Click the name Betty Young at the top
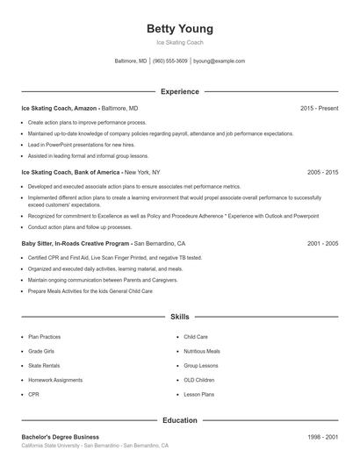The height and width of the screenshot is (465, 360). [x=179, y=29]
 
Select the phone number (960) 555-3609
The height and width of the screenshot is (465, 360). [x=169, y=61]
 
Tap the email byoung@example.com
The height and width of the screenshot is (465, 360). [x=219, y=61]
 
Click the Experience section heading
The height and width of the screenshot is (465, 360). [x=179, y=91]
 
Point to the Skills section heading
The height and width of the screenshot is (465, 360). [x=179, y=316]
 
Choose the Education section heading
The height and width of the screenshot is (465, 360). [x=179, y=420]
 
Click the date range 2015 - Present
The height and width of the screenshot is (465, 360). [x=319, y=108]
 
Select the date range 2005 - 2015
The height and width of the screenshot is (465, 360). [x=322, y=173]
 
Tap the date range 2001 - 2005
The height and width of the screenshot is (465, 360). [x=322, y=243]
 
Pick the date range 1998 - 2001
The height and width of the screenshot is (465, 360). [x=322, y=437]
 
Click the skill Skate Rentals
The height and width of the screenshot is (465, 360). [x=44, y=365]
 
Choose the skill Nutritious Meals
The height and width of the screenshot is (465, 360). [x=202, y=351]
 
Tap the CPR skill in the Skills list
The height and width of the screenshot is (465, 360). [x=33, y=395]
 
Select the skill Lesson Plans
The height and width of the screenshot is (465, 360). [x=198, y=395]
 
